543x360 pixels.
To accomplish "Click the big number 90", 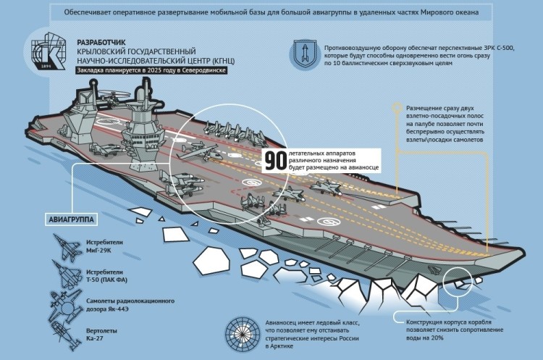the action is [x=275, y=160].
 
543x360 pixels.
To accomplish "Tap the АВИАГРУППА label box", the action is [x=71, y=219].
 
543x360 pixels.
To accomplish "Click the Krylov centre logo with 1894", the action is [x=48, y=51].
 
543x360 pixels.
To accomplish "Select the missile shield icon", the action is [x=304, y=54].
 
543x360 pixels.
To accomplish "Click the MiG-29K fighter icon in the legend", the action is [x=67, y=248].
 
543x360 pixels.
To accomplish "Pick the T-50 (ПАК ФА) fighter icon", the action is [x=67, y=275].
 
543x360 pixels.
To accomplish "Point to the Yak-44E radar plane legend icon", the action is [x=66, y=306].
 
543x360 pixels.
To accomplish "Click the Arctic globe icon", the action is [x=243, y=334].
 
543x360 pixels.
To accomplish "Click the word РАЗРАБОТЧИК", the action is [x=101, y=43].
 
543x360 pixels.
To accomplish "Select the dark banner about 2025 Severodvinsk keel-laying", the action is [x=152, y=70].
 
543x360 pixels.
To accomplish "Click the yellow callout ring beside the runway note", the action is [x=397, y=108].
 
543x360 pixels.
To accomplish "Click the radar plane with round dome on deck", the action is [x=198, y=152].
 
